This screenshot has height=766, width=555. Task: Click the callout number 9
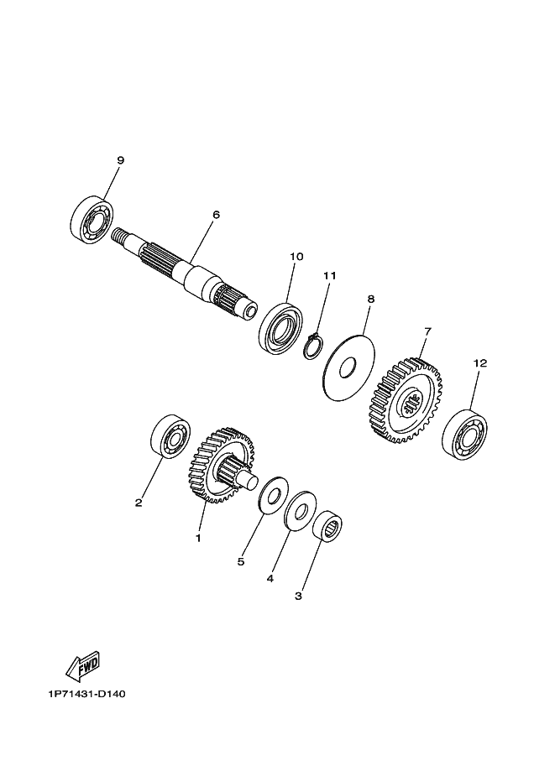click(x=120, y=160)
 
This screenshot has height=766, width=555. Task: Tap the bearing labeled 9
click(x=91, y=218)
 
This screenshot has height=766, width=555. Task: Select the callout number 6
click(x=216, y=215)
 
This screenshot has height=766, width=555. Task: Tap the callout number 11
click(x=329, y=275)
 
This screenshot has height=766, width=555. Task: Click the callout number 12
click(x=479, y=363)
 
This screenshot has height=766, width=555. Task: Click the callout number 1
click(x=198, y=538)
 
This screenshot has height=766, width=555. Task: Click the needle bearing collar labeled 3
click(x=327, y=529)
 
